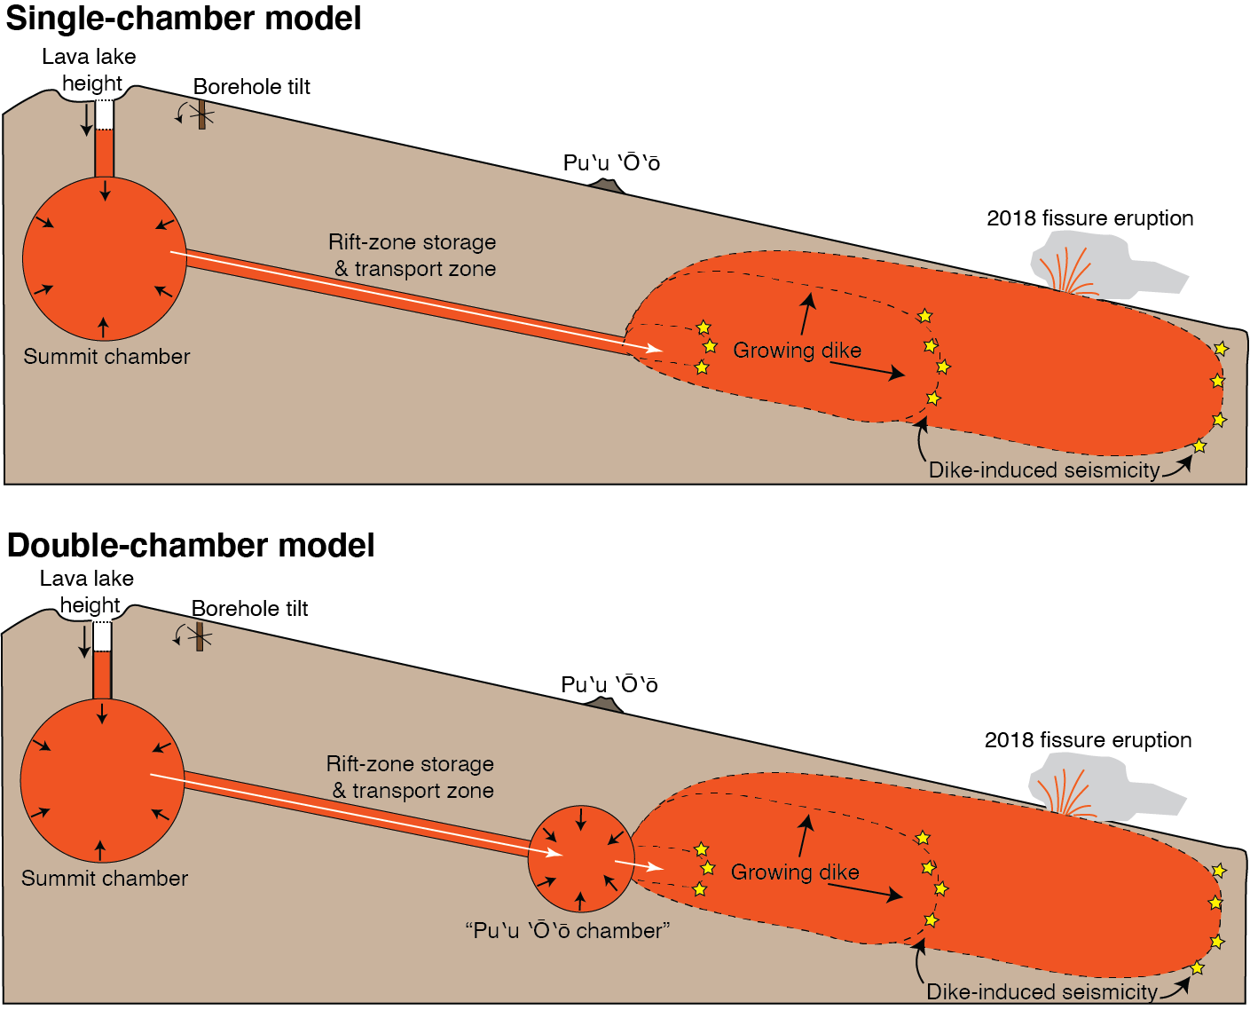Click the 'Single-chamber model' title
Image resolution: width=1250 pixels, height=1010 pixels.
point(184,19)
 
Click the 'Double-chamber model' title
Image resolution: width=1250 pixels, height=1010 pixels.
point(191,545)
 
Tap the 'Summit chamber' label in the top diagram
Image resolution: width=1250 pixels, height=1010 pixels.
point(106,357)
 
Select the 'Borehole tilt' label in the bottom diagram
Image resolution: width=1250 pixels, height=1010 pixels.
point(250,609)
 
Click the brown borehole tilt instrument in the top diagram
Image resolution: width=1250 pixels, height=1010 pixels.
point(202,114)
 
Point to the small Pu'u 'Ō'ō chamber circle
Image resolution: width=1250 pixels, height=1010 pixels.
point(581,859)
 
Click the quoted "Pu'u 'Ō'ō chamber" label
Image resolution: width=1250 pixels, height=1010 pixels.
point(568,931)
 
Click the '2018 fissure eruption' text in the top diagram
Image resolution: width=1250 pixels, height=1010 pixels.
point(1089,218)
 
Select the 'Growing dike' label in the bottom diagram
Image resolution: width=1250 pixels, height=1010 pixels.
point(795,872)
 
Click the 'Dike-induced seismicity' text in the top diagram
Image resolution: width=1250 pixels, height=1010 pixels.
point(1043,470)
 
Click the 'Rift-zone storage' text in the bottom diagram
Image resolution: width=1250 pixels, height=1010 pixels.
point(410,764)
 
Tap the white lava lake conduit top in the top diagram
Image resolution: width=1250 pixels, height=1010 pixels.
point(105,115)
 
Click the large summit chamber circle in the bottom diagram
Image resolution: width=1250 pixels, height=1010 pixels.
point(102,781)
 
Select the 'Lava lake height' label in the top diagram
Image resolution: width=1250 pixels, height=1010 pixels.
point(90,70)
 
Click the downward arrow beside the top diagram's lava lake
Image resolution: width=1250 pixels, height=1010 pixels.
point(86,120)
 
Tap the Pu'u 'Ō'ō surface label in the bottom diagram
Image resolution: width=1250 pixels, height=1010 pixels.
point(609,685)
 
